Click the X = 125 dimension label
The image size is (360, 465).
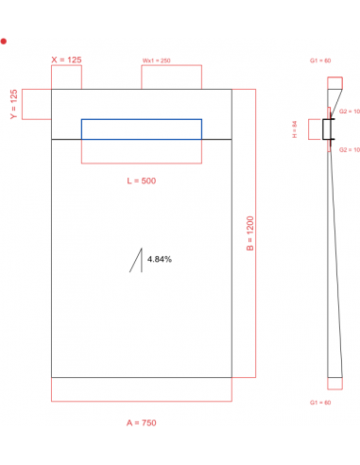66,60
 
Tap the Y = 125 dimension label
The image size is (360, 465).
13,104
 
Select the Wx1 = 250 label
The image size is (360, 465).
158,60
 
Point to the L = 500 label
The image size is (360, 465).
141,181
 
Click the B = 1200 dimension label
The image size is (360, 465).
250,233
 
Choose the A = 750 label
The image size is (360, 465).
141,422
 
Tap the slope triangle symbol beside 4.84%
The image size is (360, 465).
137,261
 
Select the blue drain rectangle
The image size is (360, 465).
141,129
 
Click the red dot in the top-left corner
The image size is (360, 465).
5,42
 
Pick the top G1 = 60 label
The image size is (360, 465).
320,60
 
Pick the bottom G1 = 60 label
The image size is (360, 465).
320,404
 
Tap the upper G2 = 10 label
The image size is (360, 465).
349,111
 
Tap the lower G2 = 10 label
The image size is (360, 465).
349,150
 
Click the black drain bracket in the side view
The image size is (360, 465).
327,130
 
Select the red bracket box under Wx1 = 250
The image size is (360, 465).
171,77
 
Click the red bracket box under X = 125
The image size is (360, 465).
66,77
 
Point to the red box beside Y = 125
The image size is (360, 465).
36,105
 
